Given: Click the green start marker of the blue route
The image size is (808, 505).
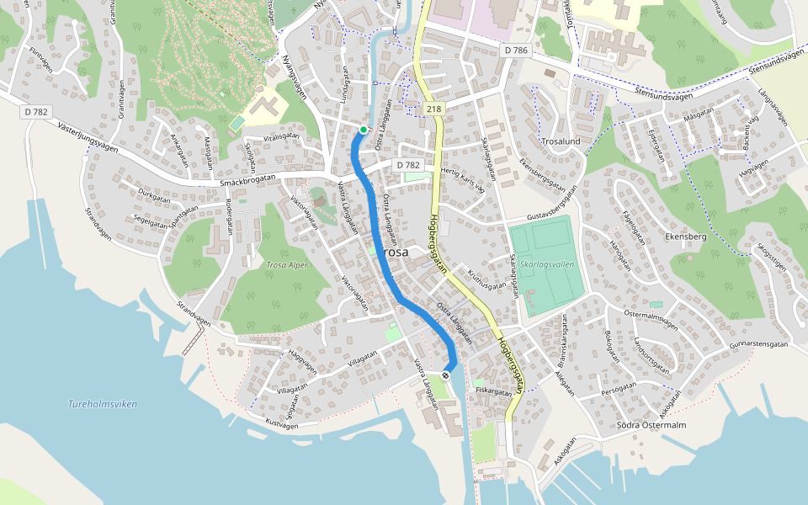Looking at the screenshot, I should coord(363,130).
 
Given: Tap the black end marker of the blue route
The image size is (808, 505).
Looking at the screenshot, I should coord(446,375).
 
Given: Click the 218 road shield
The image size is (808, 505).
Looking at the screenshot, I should coord(433,109).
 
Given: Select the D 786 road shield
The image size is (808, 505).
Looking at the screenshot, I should coord(516,50).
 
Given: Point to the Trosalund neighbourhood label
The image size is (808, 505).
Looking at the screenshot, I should coord(561,141).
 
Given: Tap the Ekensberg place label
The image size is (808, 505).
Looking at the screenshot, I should coord(685,237).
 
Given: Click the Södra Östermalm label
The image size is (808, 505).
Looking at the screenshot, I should coord(651,425).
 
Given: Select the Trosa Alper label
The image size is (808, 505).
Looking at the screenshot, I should coord(287,265).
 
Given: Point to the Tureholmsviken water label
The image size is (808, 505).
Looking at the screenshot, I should coord(103,404).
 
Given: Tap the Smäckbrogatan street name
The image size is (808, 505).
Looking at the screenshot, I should coord(247,181).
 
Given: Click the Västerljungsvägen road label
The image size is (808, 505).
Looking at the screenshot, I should coord(88,136).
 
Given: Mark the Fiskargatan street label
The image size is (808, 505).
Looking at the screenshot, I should coord(493,391).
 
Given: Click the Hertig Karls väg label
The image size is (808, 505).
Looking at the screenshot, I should coord(464,178).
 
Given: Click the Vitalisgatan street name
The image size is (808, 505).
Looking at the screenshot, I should coord(281,136).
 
